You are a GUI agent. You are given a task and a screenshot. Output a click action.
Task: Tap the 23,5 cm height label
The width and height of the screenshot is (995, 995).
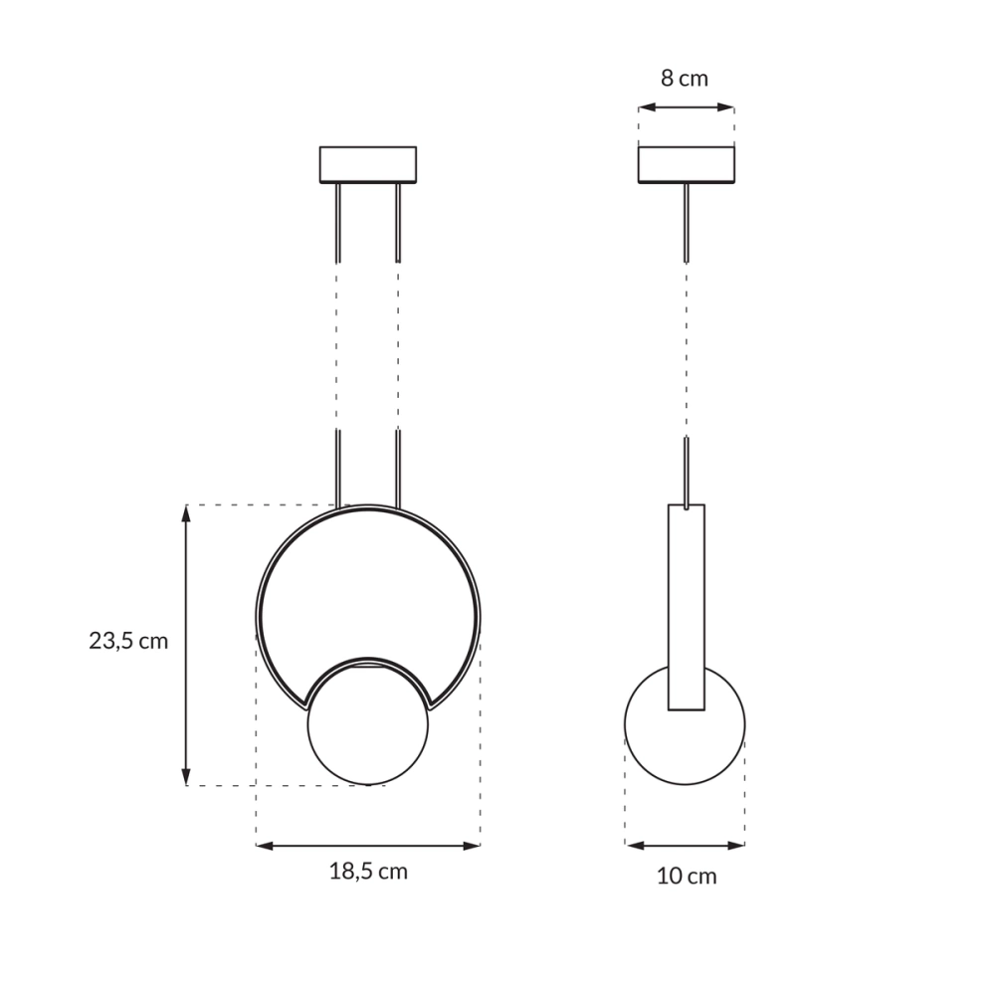coord(128,641)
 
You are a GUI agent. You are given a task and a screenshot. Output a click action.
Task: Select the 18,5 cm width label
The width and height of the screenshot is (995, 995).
coord(368,872)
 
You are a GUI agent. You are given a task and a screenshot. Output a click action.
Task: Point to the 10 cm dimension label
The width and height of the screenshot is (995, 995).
coord(686,877)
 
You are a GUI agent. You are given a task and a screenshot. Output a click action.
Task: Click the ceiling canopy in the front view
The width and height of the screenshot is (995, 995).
coord(367,165)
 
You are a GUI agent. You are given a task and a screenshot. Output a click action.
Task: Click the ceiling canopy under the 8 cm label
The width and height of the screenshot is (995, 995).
coord(686,165)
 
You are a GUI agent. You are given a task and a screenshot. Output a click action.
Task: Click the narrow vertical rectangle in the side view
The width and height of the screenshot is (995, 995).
coord(686,607)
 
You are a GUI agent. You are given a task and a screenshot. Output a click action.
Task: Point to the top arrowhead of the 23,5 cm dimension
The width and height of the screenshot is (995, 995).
coord(186,513)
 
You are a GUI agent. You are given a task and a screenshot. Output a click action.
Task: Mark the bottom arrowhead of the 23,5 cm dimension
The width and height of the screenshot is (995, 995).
coord(186,777)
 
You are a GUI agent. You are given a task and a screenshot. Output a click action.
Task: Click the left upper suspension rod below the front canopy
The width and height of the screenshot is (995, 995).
coord(338,222)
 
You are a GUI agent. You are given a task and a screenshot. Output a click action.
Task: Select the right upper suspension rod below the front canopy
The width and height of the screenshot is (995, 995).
coord(397,222)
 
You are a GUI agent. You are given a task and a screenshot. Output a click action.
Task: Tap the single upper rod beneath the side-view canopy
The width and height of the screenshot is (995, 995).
coord(686,222)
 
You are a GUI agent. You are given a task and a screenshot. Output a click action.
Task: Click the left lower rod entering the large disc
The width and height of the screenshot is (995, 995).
coord(338,468)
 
